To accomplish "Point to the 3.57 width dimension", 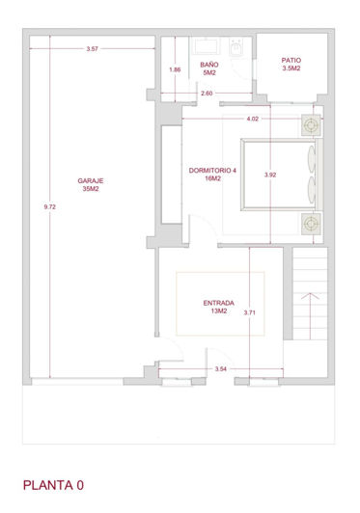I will pyautogui.click(x=93, y=48).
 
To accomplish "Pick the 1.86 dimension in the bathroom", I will pyautogui.click(x=174, y=69).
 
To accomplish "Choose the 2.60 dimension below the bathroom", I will pyautogui.click(x=207, y=94).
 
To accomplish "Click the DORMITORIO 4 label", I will pyautogui.click(x=212, y=175).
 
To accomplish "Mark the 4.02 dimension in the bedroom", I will pyautogui.click(x=253, y=119).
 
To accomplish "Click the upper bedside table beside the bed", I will pyautogui.click(x=310, y=125).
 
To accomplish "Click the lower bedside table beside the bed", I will pyautogui.click(x=310, y=224).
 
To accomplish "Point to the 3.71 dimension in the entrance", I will pyautogui.click(x=249, y=312).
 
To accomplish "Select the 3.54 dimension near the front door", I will pyautogui.click(x=220, y=369).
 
